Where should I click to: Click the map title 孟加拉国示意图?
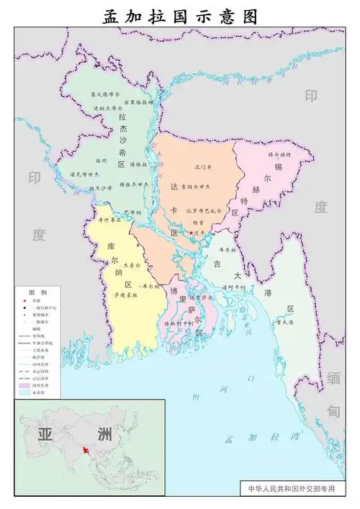(x=180, y=15)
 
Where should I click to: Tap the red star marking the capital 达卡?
(x=191, y=233)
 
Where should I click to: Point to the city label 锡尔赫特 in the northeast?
(x=279, y=154)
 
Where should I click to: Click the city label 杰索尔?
(x=132, y=265)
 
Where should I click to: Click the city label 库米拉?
(x=228, y=249)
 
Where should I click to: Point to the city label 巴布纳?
(x=133, y=212)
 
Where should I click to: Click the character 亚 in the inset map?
(x=45, y=434)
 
